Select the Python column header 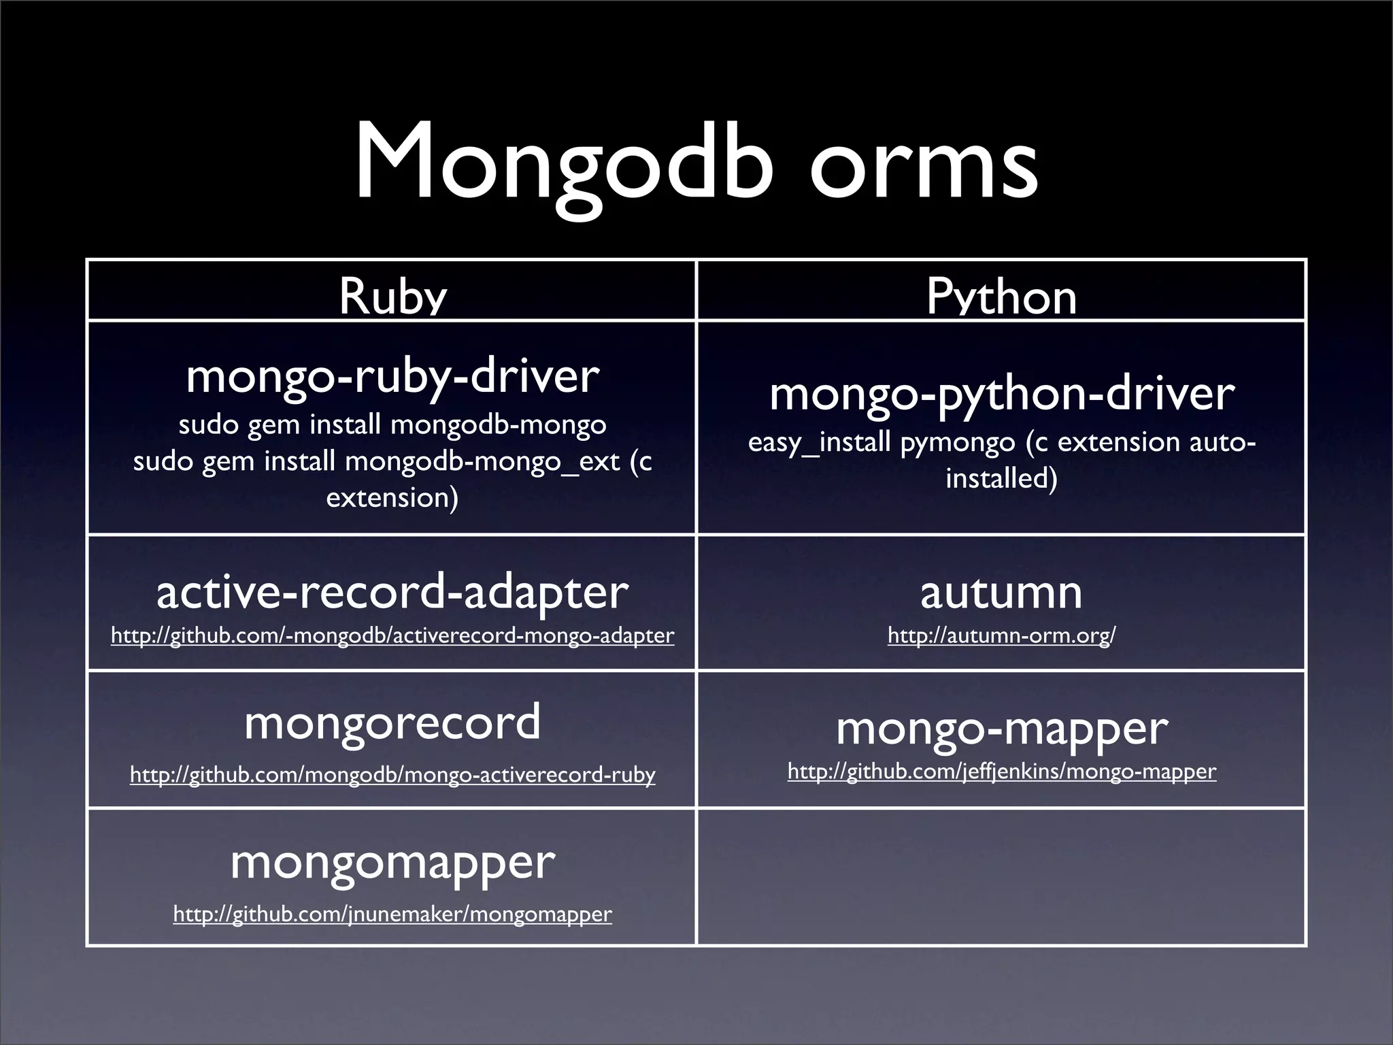[1001, 297]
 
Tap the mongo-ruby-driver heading [392, 376]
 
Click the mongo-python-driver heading [1001, 393]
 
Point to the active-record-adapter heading [392, 592]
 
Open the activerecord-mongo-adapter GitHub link [392, 635]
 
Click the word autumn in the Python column [1001, 592]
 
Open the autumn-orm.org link [1001, 635]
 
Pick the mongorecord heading [392, 723]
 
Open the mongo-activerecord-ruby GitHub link [392, 775]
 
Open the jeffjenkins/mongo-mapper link [1001, 772]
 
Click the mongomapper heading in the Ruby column [392, 863]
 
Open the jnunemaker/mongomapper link [392, 914]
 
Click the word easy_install [819, 443]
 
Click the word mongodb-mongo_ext [483, 462]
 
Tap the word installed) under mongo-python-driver [1001, 478]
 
